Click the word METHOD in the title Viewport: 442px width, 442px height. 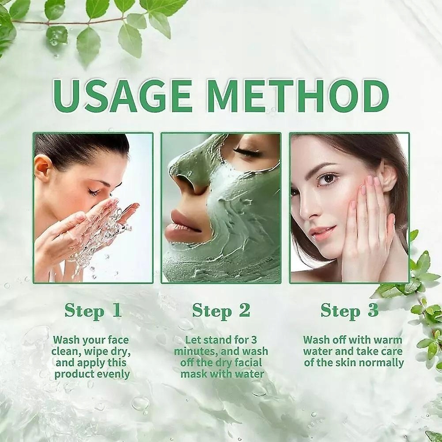pos(300,96)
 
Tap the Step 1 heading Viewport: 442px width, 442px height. pos(93,311)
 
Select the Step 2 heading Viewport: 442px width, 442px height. pos(221,311)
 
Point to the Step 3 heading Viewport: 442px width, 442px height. pos(350,311)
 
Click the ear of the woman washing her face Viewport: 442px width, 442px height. pos(43,170)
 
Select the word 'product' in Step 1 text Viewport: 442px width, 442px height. pos(71,374)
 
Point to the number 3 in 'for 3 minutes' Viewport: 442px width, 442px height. pos(254,340)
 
